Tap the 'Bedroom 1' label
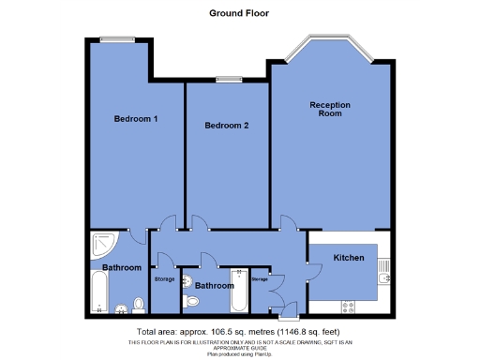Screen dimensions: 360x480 [135, 119]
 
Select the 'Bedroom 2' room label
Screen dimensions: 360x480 [226, 126]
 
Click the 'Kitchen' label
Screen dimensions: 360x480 [348, 256]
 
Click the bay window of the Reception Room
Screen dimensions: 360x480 [329, 47]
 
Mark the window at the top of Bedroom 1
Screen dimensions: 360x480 [117, 38]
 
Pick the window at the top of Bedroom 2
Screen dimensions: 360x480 [226, 79]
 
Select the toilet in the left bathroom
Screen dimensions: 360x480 [138, 304]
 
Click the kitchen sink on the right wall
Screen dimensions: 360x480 [384, 273]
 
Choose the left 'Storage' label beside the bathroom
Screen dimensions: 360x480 [163, 278]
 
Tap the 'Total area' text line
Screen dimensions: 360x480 [239, 331]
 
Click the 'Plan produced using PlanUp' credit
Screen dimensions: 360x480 [239, 352]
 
